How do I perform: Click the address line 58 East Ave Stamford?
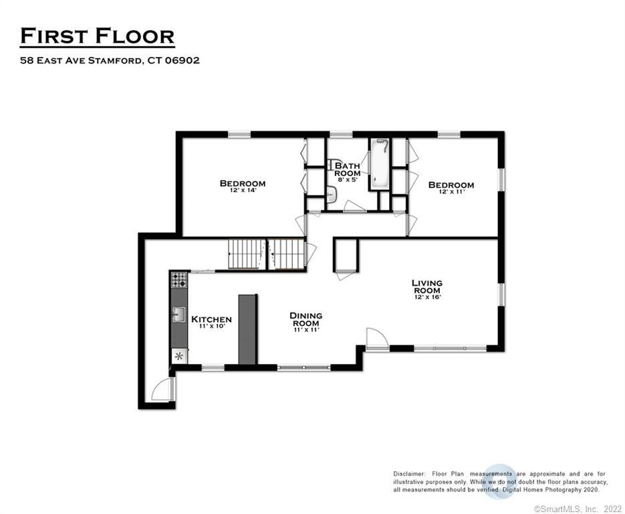coord(110,60)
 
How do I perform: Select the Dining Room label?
coord(306,320)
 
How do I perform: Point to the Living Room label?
coord(426,288)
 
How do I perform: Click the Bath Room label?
coord(348,170)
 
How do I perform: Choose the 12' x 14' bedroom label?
coord(243,185)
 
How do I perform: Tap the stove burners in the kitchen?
coord(179,280)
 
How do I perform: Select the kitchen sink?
coord(179,314)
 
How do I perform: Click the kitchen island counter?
coord(247,329)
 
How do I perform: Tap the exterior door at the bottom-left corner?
coord(162,390)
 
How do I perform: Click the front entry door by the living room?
coord(376,339)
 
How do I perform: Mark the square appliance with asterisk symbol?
coord(179,355)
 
